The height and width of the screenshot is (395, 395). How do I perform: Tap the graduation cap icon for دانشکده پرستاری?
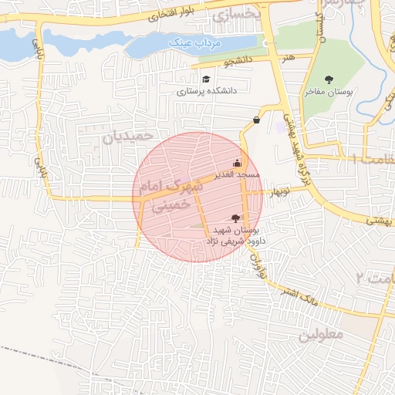click(205, 79)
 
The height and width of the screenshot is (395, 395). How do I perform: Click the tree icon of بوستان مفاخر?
click(329, 79)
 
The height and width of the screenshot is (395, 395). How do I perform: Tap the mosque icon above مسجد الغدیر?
click(236, 163)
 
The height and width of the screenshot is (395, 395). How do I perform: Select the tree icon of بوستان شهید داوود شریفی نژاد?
click(235, 218)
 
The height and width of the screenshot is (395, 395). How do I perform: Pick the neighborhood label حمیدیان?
click(123, 137)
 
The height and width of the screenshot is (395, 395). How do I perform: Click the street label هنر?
click(287, 56)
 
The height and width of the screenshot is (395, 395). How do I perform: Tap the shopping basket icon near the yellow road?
click(256, 120)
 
